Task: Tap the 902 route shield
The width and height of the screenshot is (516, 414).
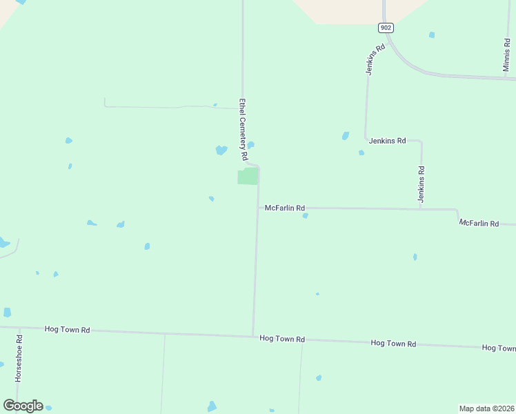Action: [386, 28]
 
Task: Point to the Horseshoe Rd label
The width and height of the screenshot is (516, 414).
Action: [19, 359]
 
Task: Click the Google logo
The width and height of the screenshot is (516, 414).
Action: [23, 406]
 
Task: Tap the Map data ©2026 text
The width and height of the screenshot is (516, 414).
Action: [486, 408]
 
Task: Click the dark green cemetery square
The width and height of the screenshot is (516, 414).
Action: [248, 176]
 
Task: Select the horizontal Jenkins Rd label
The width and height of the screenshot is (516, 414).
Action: [386, 140]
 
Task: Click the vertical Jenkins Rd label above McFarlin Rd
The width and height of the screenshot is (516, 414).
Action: [421, 184]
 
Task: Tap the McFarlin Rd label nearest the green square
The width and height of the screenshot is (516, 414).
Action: [284, 208]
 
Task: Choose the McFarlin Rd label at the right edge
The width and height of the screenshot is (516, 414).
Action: [479, 224]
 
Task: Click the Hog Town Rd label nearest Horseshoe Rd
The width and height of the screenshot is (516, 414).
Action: [67, 330]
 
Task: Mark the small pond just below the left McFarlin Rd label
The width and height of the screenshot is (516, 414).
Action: [305, 216]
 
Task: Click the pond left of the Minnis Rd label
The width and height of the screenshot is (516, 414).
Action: [432, 34]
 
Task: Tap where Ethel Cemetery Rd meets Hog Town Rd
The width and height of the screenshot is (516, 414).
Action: [253, 336]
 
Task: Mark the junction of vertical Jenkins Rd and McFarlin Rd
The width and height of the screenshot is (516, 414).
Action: [420, 208]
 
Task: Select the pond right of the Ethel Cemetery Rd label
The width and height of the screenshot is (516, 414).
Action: [251, 145]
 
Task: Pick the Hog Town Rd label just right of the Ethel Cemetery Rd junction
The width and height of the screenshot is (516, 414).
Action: [282, 339]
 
